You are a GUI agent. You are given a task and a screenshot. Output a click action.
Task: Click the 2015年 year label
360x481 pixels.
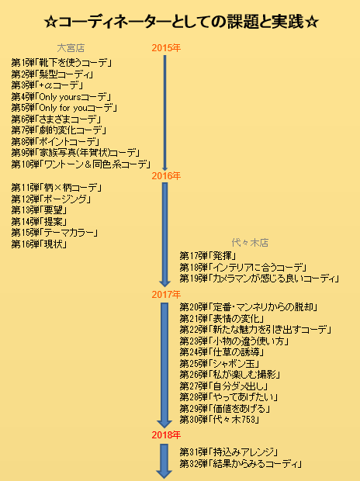point(166,48)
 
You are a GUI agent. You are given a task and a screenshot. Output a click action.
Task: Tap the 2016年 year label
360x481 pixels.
point(166,176)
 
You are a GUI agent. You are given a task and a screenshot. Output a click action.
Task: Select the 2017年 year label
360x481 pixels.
point(166,295)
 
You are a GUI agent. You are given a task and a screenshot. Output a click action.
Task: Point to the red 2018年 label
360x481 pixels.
point(166,434)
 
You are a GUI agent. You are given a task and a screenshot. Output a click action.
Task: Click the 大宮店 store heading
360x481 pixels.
point(71,48)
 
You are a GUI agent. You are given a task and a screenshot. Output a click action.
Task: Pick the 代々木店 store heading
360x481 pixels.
point(250,243)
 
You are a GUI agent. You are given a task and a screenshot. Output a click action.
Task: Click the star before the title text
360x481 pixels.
point(50,22)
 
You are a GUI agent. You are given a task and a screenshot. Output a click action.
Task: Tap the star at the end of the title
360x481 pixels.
point(312,22)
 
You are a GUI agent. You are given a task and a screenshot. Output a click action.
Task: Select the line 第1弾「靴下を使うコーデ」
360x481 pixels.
point(61,63)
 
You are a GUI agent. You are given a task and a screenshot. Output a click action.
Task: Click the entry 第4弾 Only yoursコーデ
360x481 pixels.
point(61,97)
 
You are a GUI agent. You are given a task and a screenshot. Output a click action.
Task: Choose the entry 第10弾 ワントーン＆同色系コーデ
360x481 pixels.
point(81,164)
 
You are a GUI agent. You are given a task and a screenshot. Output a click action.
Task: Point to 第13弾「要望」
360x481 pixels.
point(39,210)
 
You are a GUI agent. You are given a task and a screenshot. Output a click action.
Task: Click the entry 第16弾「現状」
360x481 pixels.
point(39,244)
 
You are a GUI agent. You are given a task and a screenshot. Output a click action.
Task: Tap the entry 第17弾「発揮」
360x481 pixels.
point(208,255)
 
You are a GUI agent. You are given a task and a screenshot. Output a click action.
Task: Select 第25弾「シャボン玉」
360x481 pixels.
point(220,364)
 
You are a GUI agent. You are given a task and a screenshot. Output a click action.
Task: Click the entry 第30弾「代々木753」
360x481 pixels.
point(220,420)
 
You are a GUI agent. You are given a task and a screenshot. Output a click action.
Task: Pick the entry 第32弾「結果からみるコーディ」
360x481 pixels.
point(241,463)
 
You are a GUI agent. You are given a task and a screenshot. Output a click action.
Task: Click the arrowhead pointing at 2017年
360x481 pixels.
point(164,282)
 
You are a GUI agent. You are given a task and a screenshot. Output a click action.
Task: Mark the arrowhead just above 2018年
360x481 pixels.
point(164,424)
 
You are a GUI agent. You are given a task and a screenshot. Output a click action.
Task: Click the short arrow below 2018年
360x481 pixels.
point(164,461)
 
